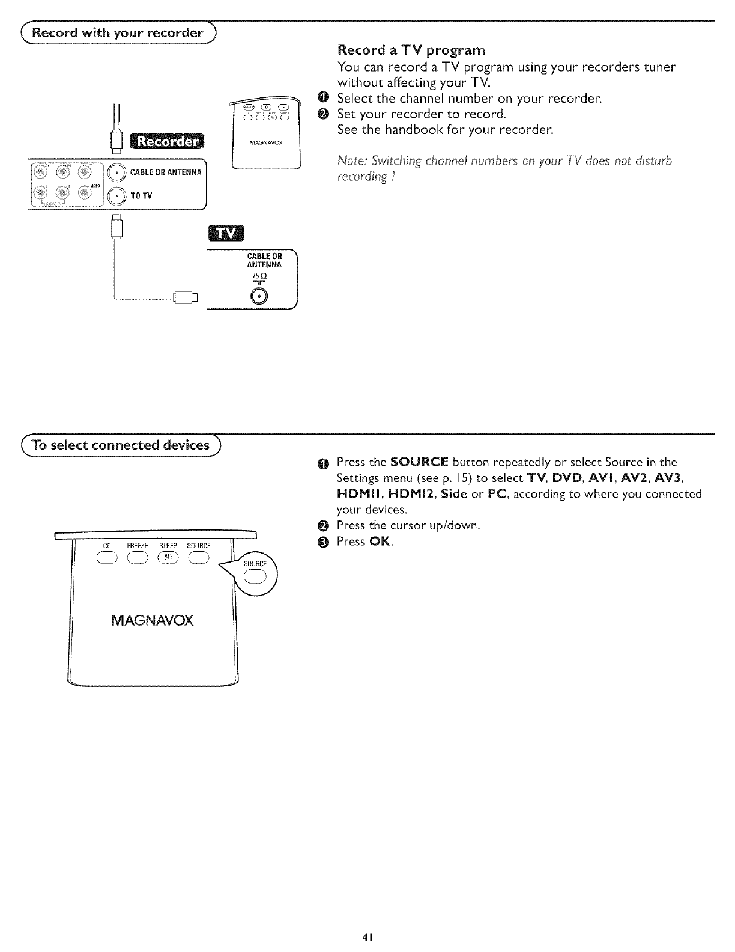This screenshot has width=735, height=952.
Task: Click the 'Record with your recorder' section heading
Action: [x=118, y=32]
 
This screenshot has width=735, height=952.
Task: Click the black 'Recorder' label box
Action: [x=168, y=142]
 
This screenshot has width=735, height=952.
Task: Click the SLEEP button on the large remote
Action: [x=169, y=557]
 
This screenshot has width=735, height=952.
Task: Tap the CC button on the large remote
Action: [x=107, y=557]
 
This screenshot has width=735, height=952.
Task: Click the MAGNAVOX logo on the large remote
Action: [x=153, y=620]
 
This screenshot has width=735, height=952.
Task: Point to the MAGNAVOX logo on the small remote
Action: [x=265, y=143]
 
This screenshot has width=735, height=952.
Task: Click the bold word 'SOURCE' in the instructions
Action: [x=419, y=462]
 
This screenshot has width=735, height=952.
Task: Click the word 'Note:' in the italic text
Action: [x=352, y=161]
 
